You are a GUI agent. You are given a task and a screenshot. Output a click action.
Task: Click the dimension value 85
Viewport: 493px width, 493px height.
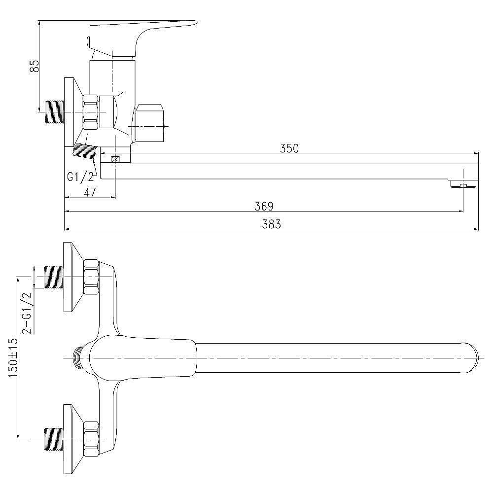pyautogui.click(x=35, y=66)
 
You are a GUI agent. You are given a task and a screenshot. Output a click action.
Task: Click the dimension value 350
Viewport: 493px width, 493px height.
pyautogui.click(x=289, y=148)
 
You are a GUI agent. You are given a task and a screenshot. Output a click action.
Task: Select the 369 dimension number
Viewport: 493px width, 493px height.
pyautogui.click(x=264, y=206)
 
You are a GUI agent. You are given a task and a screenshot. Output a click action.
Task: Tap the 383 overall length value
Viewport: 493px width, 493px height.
pyautogui.click(x=271, y=224)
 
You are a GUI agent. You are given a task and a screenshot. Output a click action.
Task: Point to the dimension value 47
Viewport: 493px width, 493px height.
pyautogui.click(x=90, y=192)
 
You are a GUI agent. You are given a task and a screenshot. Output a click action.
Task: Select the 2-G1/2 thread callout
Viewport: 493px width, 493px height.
pyautogui.click(x=27, y=313)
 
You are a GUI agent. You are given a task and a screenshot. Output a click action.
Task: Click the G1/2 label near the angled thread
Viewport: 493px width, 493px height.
pyautogui.click(x=80, y=177)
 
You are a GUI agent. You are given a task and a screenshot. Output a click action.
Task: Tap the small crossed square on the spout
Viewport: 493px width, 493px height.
pyautogui.click(x=115, y=159)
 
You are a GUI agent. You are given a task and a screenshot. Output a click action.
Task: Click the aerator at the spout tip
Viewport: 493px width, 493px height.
pyautogui.click(x=464, y=184)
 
